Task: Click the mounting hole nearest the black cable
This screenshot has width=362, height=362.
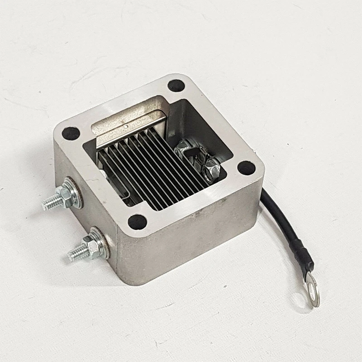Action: [246, 168]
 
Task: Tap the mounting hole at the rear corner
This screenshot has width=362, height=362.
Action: [176, 85]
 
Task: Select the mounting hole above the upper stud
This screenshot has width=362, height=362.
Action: [71, 133]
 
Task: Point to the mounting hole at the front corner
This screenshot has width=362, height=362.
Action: [137, 222]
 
